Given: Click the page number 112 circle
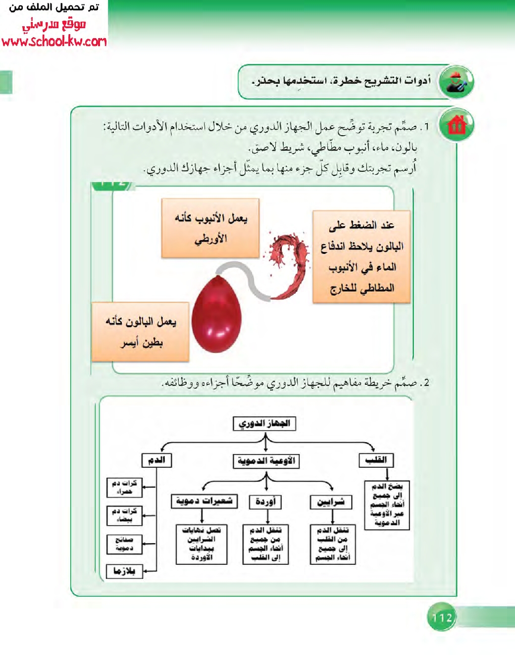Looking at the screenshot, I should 441,617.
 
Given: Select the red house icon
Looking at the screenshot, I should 457,125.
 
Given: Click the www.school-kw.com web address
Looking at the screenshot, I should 54,41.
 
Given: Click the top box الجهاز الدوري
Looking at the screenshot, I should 264,424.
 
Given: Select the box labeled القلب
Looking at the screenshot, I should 376,460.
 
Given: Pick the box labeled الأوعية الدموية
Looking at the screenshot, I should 266,461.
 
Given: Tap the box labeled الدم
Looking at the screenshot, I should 156,460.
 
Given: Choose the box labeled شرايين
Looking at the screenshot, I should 331,502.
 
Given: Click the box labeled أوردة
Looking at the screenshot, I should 266,502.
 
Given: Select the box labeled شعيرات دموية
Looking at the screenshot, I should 204,501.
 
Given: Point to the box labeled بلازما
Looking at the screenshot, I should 124,571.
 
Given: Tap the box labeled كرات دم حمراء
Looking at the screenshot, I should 124,487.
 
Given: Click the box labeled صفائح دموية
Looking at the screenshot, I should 124,544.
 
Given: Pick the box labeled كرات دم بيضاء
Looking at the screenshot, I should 124,515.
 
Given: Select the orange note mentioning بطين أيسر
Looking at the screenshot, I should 141,332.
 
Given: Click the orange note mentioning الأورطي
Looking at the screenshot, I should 210,228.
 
